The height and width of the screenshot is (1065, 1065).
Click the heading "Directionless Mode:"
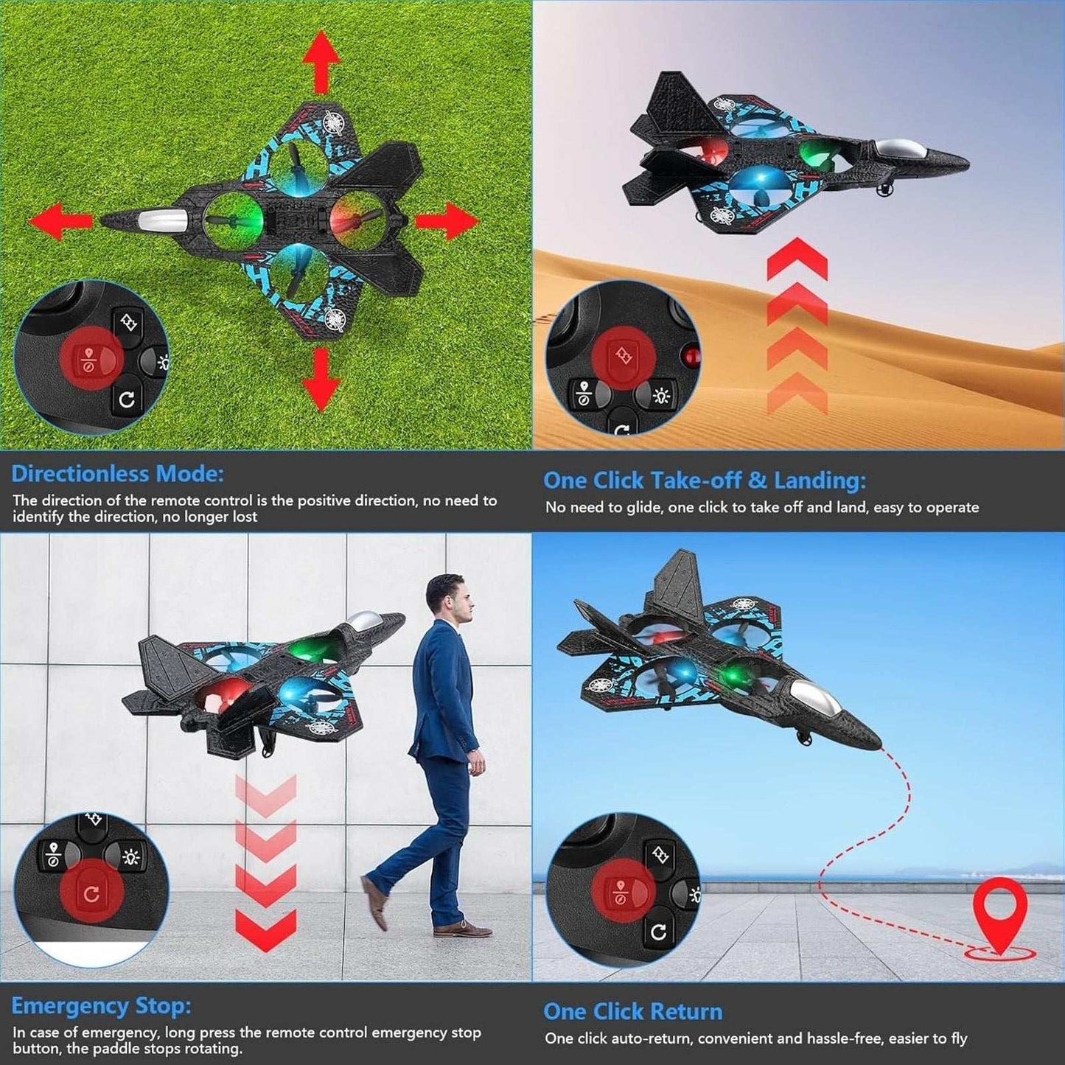[117, 473]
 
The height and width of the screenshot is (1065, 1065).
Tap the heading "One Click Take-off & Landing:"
[705, 481]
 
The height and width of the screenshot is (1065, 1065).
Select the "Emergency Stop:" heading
[101, 1005]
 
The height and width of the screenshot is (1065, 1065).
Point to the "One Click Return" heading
[632, 1011]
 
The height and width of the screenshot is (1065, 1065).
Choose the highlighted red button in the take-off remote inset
[624, 357]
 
